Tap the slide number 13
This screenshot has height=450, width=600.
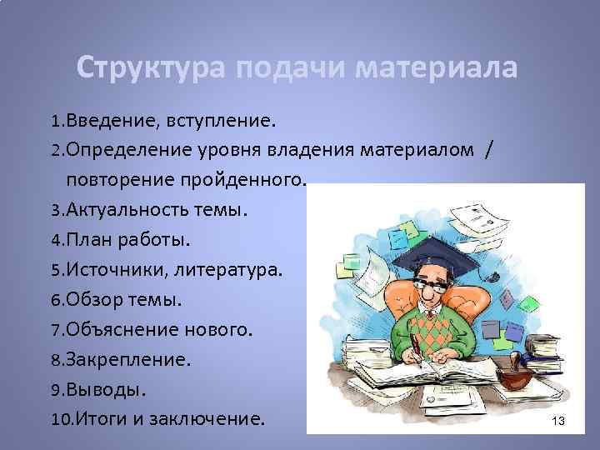[x=557, y=422]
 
